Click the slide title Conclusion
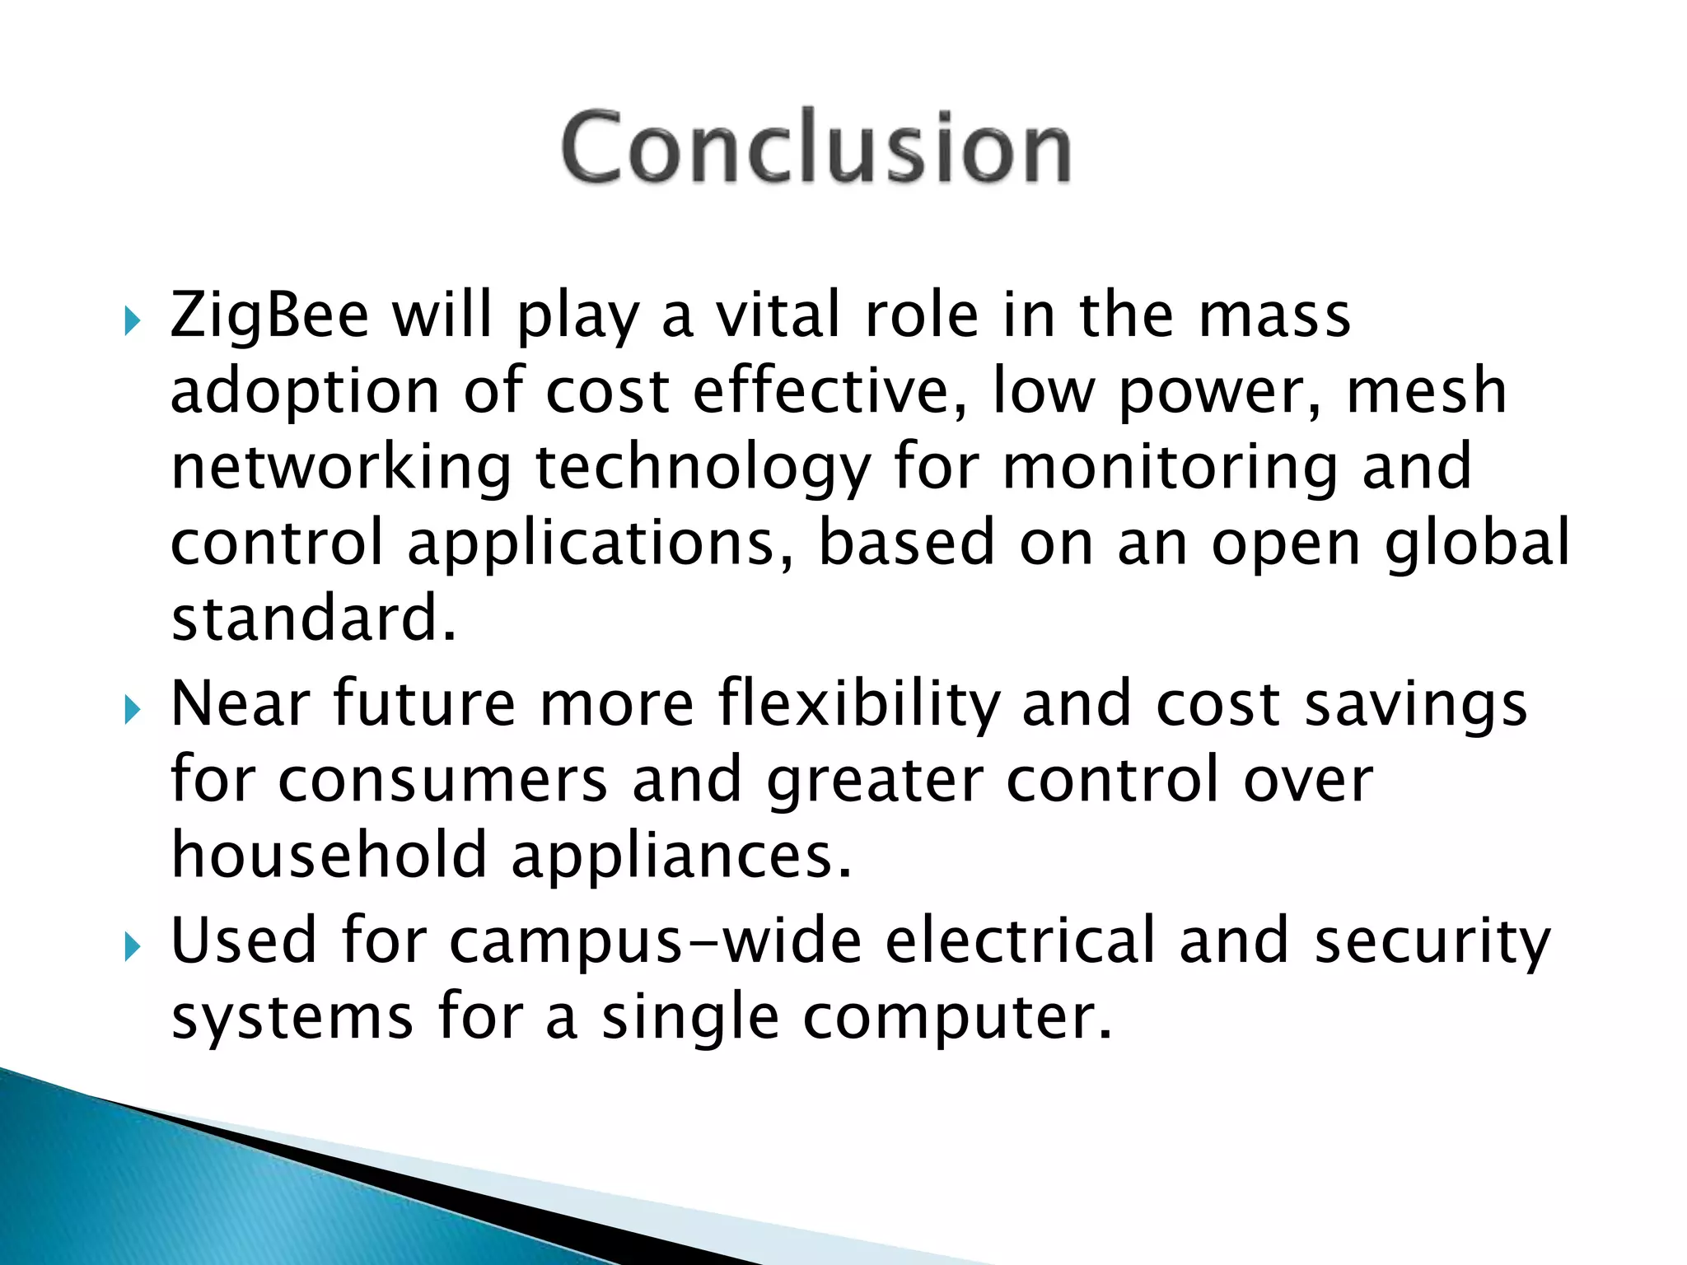[815, 148]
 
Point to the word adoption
[305, 393]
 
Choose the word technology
[703, 468]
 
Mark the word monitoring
[1170, 468]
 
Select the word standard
[313, 618]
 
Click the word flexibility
[858, 705]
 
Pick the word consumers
[442, 780]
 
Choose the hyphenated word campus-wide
[656, 941]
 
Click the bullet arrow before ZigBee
[133, 321]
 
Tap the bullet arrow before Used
[133, 947]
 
